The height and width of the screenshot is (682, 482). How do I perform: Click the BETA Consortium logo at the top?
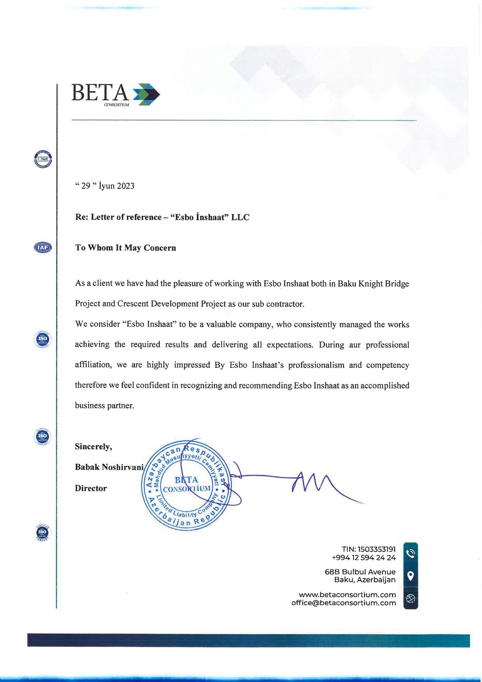115,94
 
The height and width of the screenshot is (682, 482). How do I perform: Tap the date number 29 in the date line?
86,186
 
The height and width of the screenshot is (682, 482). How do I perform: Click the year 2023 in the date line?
126,186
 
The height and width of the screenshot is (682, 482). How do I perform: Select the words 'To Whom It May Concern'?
126,248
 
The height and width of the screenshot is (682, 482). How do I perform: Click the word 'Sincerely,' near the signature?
93,447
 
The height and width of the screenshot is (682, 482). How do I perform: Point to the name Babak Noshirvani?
109,467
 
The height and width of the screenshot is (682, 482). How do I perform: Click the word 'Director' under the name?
91,488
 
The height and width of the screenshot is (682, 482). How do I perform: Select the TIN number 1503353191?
377,549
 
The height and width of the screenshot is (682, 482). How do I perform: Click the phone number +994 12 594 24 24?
363,558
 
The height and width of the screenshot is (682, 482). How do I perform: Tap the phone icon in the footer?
410,553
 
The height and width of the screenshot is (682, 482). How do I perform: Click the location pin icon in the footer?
410,576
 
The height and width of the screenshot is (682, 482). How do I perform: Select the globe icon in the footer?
410,599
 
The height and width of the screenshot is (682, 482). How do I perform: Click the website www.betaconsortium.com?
347,595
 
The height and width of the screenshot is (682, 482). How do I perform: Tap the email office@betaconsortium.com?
344,603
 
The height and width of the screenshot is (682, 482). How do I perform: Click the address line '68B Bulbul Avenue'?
360,572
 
